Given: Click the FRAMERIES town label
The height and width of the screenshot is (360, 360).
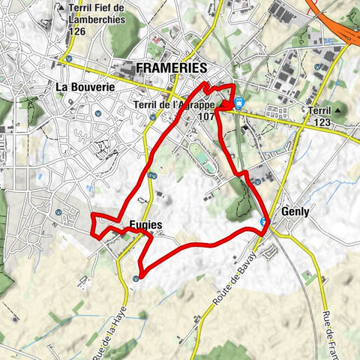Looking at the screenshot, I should tap(171, 68).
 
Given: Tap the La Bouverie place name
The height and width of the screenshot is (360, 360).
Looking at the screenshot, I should tap(85, 86).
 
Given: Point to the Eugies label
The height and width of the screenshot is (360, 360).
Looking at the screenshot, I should tap(145, 224).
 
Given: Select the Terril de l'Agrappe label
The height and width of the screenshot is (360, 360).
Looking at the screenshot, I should tap(173, 105).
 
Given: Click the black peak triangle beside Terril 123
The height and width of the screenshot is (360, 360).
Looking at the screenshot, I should tap(337, 110).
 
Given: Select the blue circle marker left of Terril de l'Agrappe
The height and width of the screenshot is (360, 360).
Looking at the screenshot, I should tap(152, 116).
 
